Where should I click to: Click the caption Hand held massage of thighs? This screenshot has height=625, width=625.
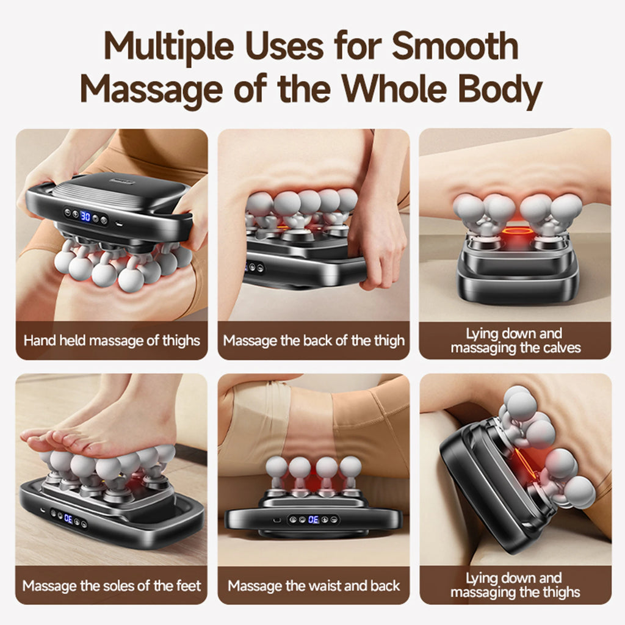point(112,340)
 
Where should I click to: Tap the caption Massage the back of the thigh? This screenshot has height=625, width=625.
point(314,340)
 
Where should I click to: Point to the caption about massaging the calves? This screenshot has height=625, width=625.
point(515,341)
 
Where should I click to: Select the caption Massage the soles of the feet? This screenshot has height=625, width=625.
point(112,586)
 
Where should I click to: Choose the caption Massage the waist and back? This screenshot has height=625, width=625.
point(314,586)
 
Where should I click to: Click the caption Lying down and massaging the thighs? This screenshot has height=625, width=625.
point(515,585)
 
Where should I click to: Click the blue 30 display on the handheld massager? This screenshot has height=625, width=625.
point(85,216)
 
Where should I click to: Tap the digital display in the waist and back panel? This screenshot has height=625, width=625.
point(313,519)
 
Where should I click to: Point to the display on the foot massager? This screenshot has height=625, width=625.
point(68,518)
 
